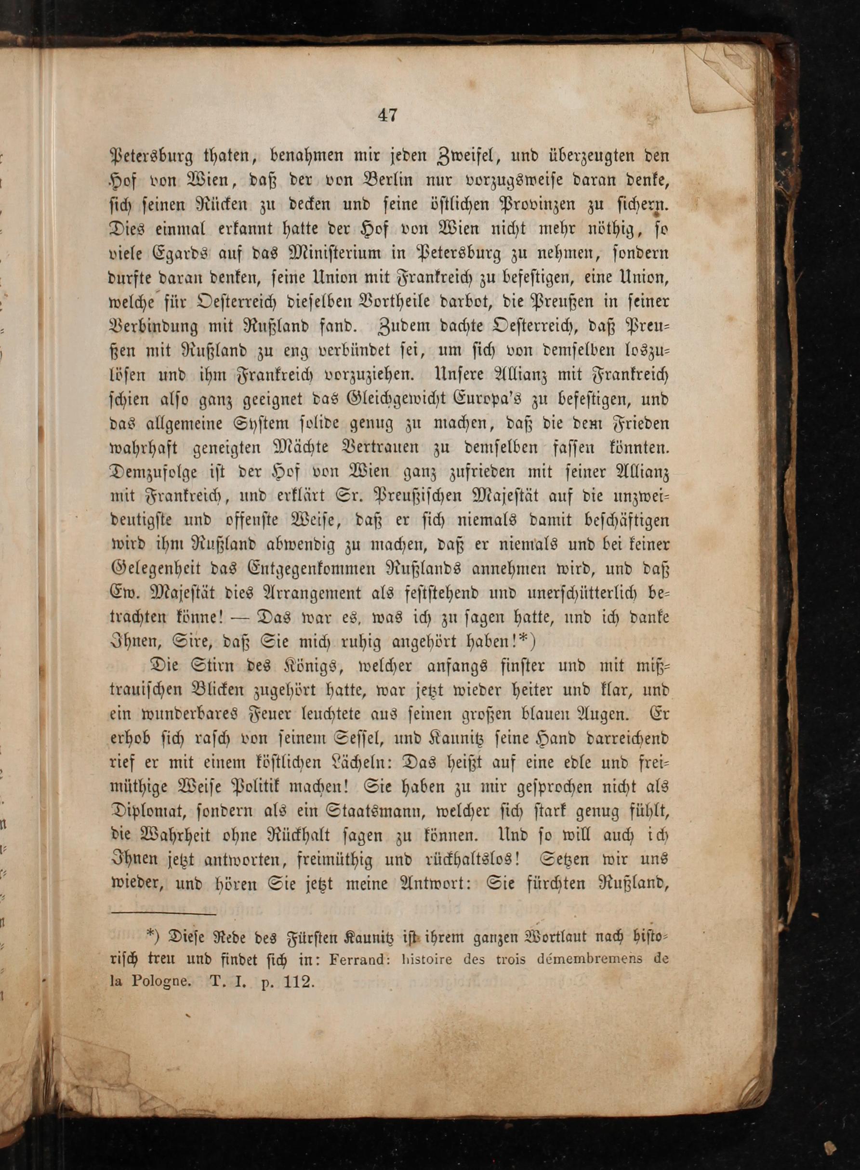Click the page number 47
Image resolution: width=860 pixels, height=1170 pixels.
[388, 115]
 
